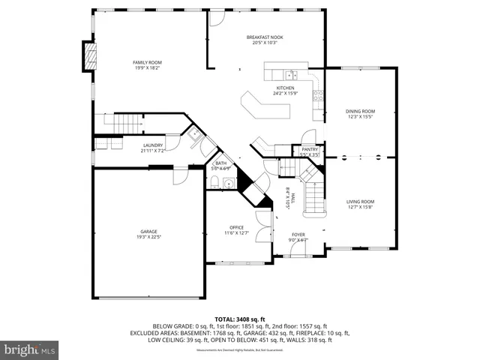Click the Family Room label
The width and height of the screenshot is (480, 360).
[x=147, y=65]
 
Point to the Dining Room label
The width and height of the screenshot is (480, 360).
[x=360, y=113]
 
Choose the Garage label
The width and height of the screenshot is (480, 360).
[x=148, y=234]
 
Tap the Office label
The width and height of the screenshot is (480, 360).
[x=237, y=229]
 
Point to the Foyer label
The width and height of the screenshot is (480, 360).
[x=298, y=237]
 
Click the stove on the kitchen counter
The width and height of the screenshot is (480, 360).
[x=318, y=95]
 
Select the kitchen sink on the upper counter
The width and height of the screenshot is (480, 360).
[x=292, y=74]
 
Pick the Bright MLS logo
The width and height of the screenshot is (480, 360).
[x=30, y=349]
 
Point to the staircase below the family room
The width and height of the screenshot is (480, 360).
[x=120, y=121]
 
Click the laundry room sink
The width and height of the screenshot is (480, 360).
[x=193, y=135]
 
